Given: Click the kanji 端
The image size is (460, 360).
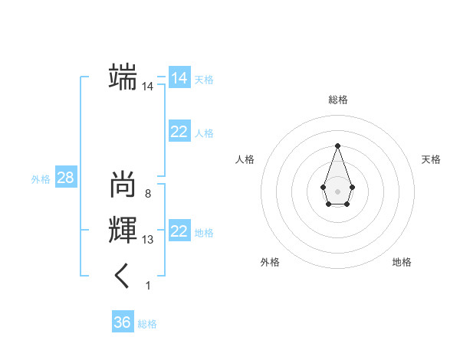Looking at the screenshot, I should click(123, 77).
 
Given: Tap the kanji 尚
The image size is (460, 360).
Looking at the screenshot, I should click(123, 185).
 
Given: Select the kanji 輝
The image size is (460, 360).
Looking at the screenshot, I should click(123, 231).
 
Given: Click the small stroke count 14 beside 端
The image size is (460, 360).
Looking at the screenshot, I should click(147, 87).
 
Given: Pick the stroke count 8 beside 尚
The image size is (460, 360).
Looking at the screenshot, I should click(147, 194).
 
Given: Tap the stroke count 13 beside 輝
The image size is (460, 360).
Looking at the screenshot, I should click(147, 240).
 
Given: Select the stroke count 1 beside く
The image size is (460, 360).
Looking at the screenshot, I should click(147, 286).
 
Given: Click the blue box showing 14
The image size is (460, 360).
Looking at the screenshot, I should click(179, 78).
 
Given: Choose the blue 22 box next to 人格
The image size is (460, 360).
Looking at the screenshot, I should click(179, 132).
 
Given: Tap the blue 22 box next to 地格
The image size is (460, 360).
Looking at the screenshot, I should click(179, 231).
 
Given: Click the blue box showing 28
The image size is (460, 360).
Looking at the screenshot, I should click(66, 178).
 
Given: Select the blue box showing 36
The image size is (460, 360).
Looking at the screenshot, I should click(122, 322).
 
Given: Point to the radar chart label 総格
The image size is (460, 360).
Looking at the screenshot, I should click(337, 100).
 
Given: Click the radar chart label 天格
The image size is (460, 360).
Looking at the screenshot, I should click(432, 159).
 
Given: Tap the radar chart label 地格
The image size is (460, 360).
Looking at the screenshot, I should click(402, 262).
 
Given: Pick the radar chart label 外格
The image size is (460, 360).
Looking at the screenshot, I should click(270, 262).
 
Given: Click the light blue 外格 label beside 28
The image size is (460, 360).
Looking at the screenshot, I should click(41, 179).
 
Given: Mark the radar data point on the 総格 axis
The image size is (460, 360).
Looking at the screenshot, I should click(337, 146).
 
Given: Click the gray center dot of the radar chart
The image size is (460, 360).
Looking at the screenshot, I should click(337, 190).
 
